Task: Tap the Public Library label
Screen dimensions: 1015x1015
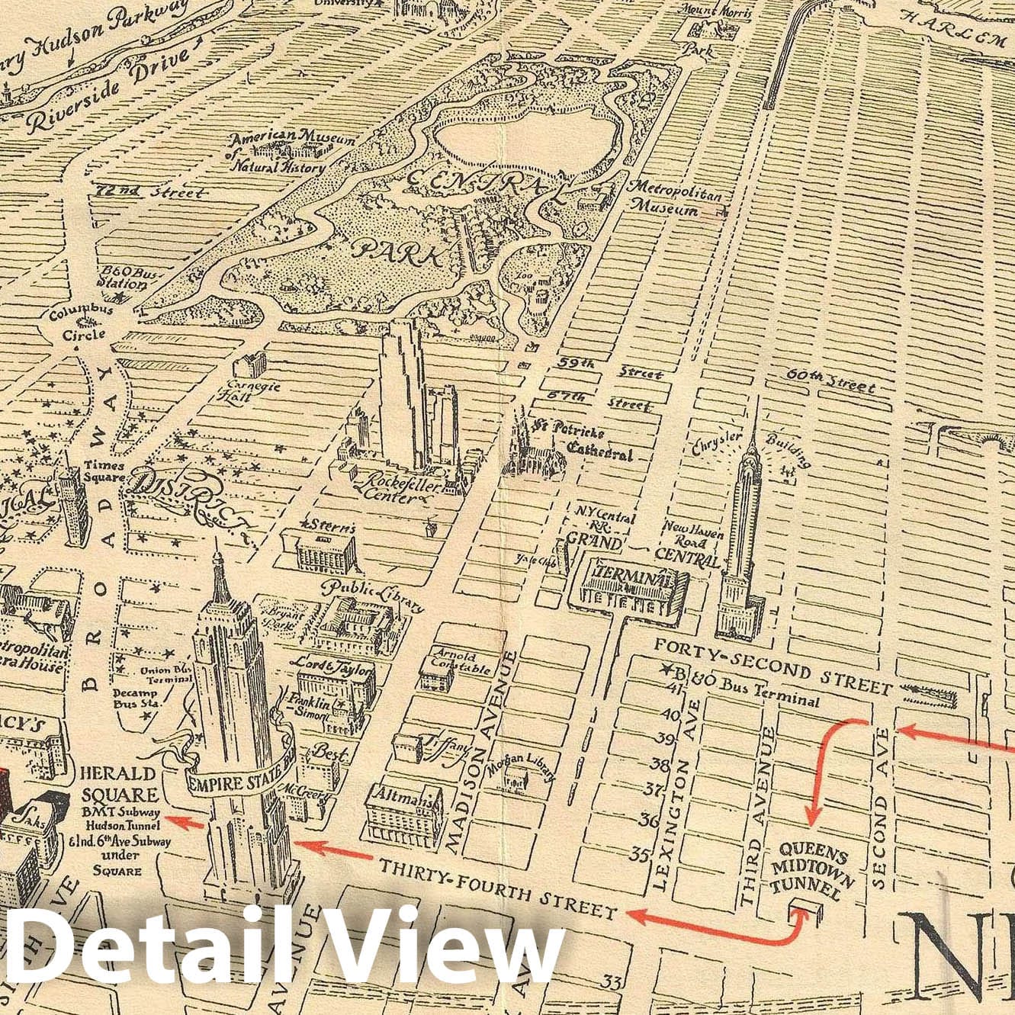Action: click(374, 595)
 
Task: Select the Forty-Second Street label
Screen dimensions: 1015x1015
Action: click(772, 668)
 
